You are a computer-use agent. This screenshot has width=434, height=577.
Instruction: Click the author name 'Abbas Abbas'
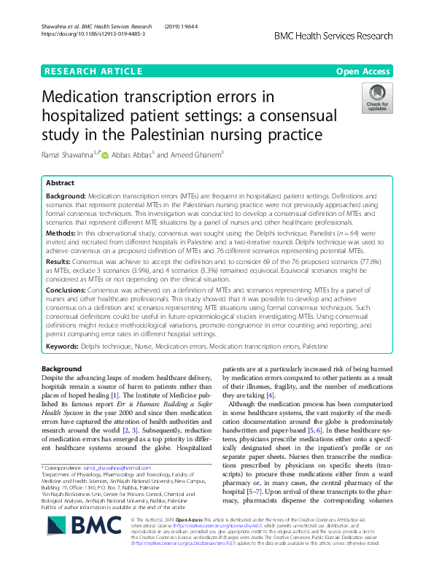click(131, 155)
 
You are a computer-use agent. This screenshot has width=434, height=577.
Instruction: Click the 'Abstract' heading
click(61, 184)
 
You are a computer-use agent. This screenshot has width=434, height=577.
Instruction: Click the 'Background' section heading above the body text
click(61, 369)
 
